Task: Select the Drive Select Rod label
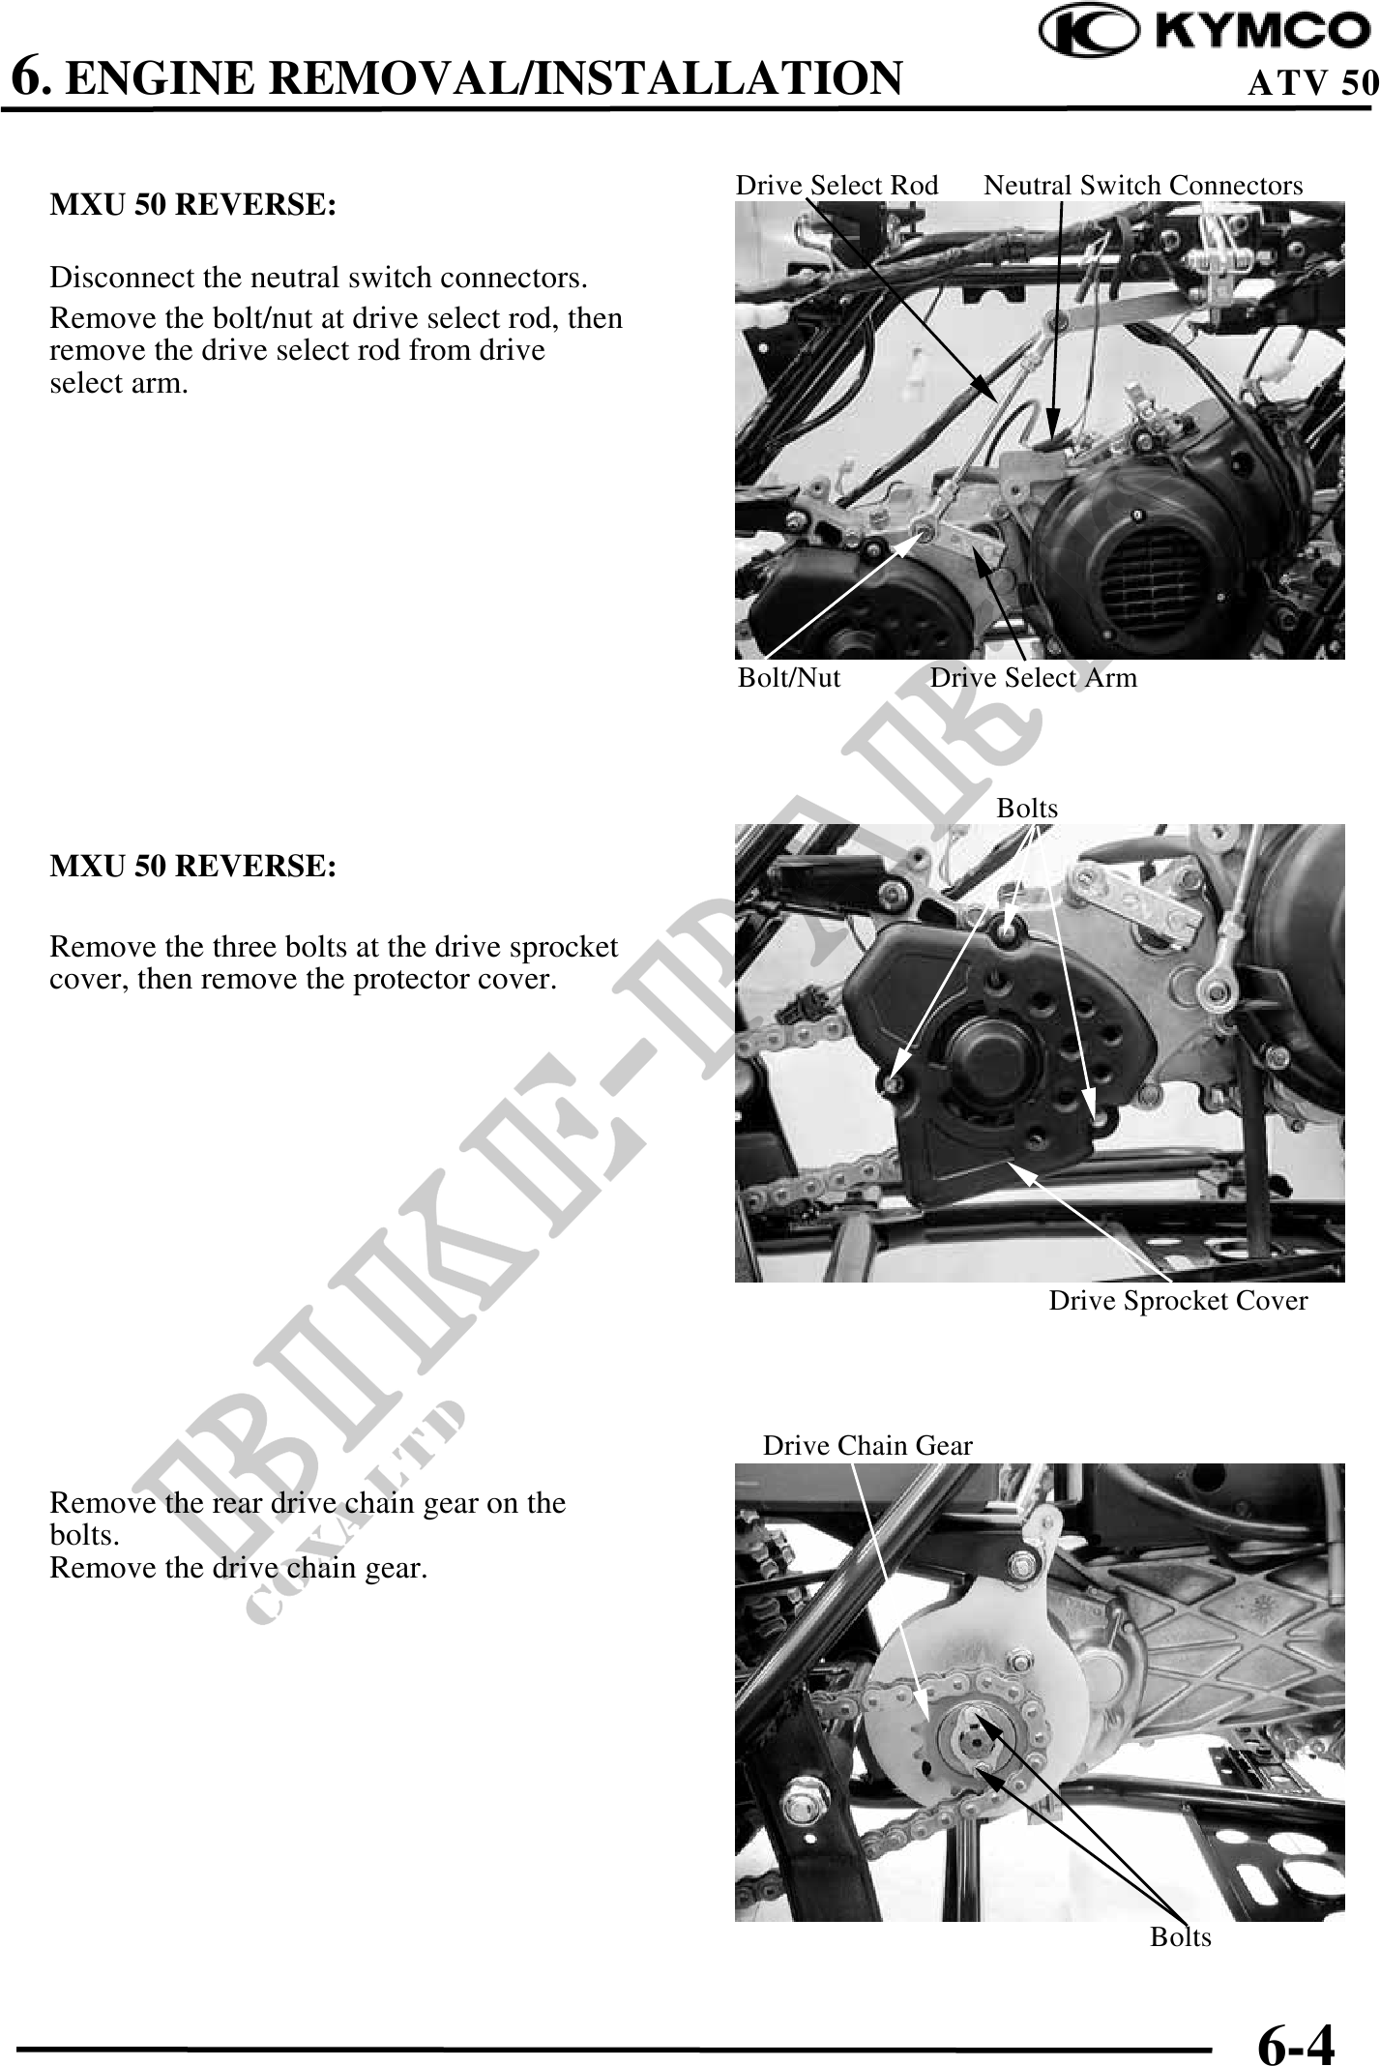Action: [x=837, y=185]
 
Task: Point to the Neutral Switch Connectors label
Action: [x=1143, y=185]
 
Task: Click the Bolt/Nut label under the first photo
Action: [x=789, y=677]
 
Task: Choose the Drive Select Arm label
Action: [x=1034, y=677]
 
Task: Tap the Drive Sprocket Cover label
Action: [x=1178, y=1301]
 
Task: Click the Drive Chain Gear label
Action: [x=867, y=1445]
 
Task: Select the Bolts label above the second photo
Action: [x=1027, y=808]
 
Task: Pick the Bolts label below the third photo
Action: [x=1180, y=1936]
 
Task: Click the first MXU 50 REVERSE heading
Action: [x=193, y=206]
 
